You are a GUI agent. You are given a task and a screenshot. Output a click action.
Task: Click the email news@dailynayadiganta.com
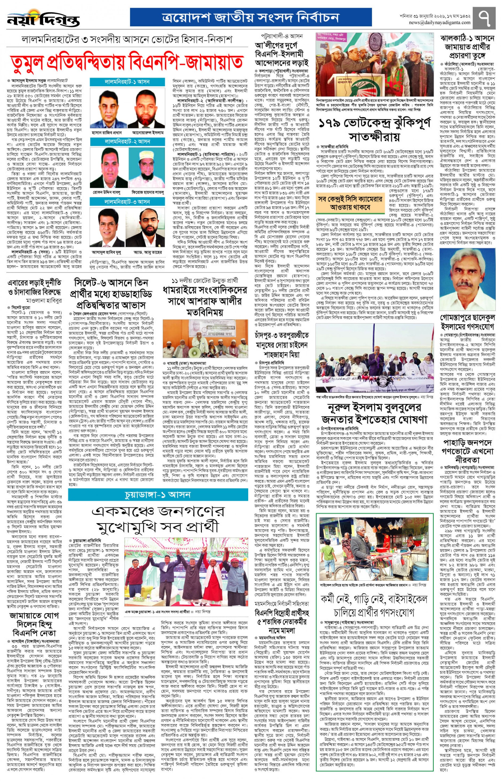(439, 22)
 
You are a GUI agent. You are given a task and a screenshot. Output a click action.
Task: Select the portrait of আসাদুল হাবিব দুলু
(109, 229)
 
